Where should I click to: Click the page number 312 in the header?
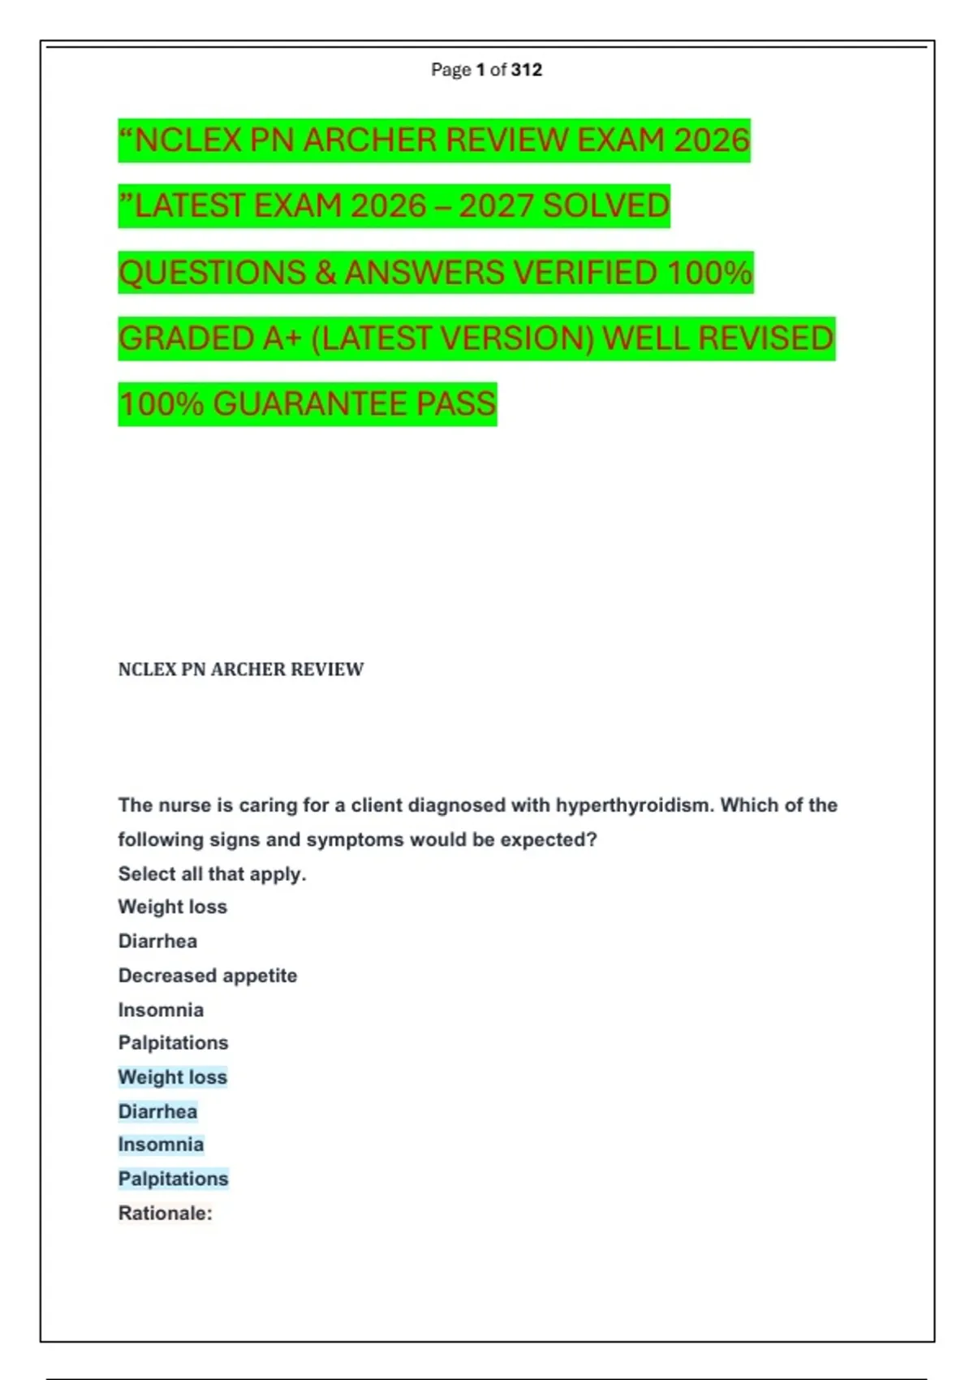pyautogui.click(x=526, y=70)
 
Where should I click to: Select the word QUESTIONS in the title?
pyautogui.click(x=212, y=273)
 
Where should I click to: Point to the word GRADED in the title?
pyautogui.click(x=187, y=339)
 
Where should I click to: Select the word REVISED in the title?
pyautogui.click(x=765, y=339)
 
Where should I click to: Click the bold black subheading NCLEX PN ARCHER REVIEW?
pyautogui.click(x=240, y=670)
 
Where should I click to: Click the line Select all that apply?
pyautogui.click(x=212, y=874)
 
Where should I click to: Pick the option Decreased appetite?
pyautogui.click(x=207, y=976)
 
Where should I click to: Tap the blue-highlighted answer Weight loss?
pyautogui.click(x=172, y=1077)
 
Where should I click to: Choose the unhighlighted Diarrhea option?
pyautogui.click(x=157, y=942)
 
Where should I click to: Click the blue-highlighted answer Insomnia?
pyautogui.click(x=161, y=1145)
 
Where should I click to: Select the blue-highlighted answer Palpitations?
pyautogui.click(x=173, y=1179)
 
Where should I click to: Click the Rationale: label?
pyautogui.click(x=165, y=1214)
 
